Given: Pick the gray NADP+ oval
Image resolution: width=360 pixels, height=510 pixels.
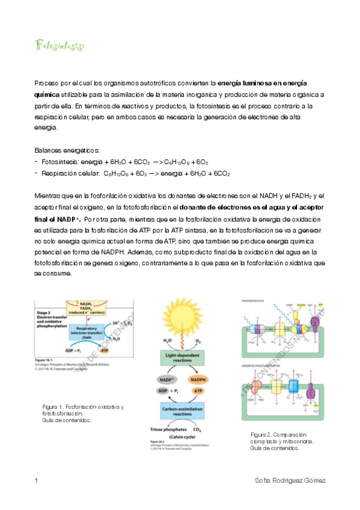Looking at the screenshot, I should pyautogui.click(x=166, y=380).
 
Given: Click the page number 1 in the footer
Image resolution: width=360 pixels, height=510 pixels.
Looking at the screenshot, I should pyautogui.click(x=37, y=481).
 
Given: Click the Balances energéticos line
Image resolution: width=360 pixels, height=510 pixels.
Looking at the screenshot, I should pyautogui.click(x=67, y=150).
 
